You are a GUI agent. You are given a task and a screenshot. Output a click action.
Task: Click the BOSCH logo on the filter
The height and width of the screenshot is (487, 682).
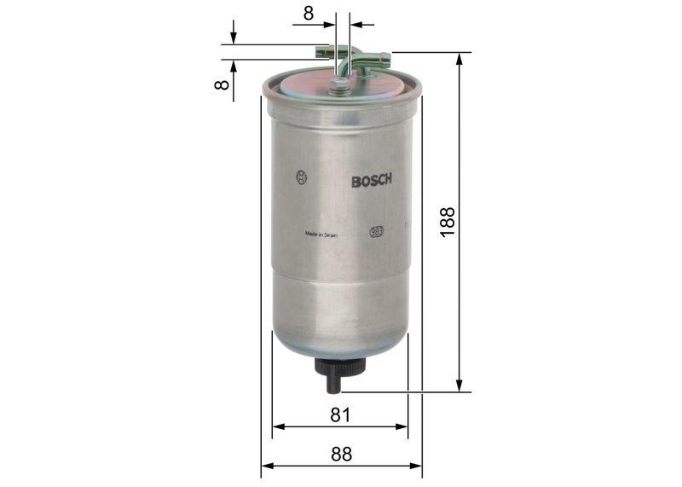[x=371, y=180]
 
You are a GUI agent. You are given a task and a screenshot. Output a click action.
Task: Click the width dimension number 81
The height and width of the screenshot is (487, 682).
[x=340, y=415]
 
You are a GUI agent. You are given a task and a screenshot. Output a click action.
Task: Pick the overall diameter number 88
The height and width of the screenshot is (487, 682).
[x=340, y=454]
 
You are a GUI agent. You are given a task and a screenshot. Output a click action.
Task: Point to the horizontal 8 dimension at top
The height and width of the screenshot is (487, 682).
[x=308, y=12]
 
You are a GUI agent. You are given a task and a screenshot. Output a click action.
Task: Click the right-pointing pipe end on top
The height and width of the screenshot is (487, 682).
[x=383, y=59]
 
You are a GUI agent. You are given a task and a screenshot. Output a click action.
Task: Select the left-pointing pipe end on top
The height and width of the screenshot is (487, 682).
[x=321, y=51]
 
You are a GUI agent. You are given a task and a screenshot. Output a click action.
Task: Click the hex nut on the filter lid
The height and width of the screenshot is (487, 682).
[x=339, y=84]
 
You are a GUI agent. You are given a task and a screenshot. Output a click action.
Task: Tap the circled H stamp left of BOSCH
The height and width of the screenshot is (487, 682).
[x=301, y=177]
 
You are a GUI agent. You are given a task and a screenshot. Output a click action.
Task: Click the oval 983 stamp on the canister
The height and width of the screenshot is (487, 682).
[x=376, y=231]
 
